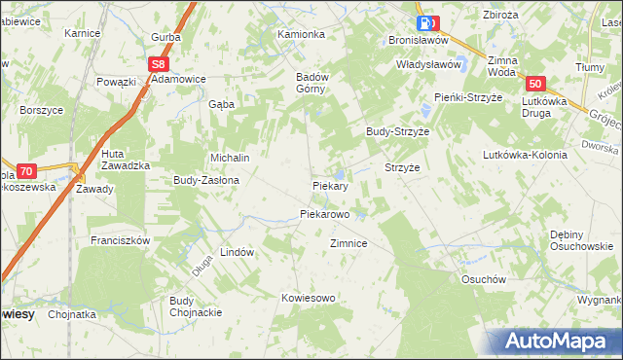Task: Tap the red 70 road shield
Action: point(26,169)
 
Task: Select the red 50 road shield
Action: point(538,85)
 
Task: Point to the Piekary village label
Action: point(330,185)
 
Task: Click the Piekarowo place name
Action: point(324,213)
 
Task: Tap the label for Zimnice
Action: point(348,243)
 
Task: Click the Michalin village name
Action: point(232,158)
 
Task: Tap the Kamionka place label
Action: point(301,34)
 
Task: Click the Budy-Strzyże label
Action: point(397,130)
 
